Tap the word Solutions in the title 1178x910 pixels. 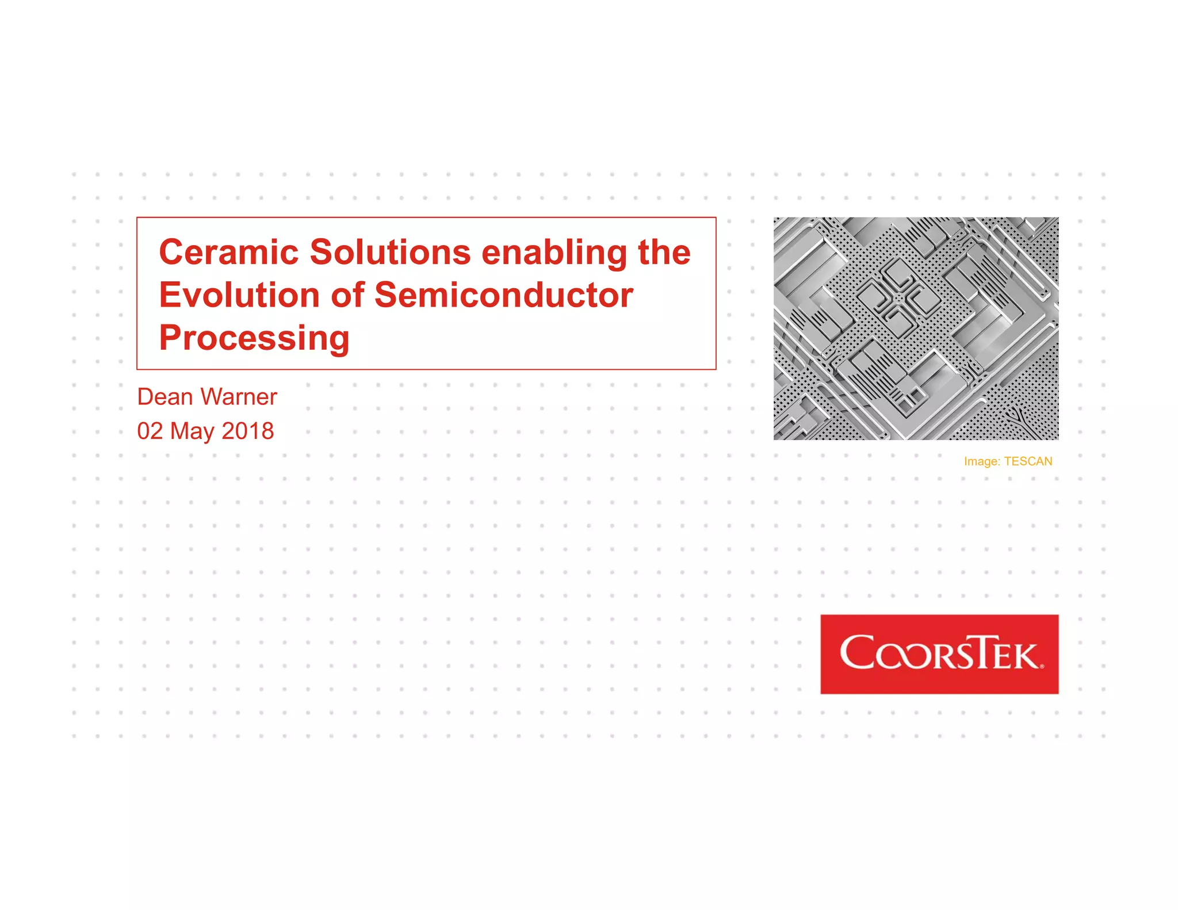pyautogui.click(x=391, y=253)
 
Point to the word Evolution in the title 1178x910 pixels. pyautogui.click(x=239, y=295)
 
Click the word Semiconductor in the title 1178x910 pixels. pyautogui.click(x=504, y=295)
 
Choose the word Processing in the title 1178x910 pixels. pyautogui.click(x=254, y=338)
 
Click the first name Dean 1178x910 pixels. pyautogui.click(x=165, y=397)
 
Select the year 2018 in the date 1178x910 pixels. pyautogui.click(x=248, y=431)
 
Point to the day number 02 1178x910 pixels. pyautogui.click(x=150, y=431)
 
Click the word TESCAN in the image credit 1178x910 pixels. pyautogui.click(x=1028, y=461)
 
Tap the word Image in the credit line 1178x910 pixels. pyautogui.click(x=981, y=462)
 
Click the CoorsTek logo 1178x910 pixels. pyautogui.click(x=939, y=654)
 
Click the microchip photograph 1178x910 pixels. pyautogui.click(x=916, y=328)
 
